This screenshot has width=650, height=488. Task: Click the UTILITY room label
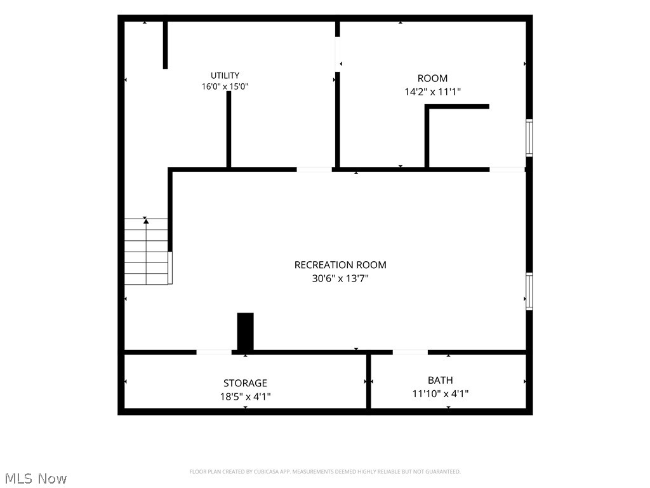[x=225, y=76]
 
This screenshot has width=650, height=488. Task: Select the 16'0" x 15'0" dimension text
[x=225, y=86]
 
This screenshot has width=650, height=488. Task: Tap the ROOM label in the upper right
[x=432, y=78]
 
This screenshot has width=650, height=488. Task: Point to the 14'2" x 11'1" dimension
[x=432, y=91]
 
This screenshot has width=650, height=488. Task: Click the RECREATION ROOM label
[x=340, y=265]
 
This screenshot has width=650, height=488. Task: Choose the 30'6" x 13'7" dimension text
[x=340, y=278]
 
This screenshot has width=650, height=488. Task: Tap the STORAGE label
[x=245, y=383]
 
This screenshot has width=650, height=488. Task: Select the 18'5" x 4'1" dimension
[x=245, y=396]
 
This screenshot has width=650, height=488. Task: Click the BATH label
[x=441, y=380]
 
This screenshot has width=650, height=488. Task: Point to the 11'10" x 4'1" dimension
[x=441, y=393]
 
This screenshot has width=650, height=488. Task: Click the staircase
[x=147, y=251]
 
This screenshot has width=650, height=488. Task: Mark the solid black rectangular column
[x=245, y=332]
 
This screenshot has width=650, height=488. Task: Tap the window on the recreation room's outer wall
[x=529, y=291]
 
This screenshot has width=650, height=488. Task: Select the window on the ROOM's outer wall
[x=529, y=138]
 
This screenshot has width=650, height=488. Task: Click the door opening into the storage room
[x=214, y=352]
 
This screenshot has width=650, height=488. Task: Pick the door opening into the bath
[x=410, y=352]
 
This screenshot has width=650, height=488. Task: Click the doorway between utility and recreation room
[x=314, y=169]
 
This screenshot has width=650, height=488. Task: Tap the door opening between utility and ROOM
[x=338, y=55]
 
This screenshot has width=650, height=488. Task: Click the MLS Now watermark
[x=36, y=478]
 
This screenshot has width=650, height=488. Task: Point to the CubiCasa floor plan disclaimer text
[x=325, y=472]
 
